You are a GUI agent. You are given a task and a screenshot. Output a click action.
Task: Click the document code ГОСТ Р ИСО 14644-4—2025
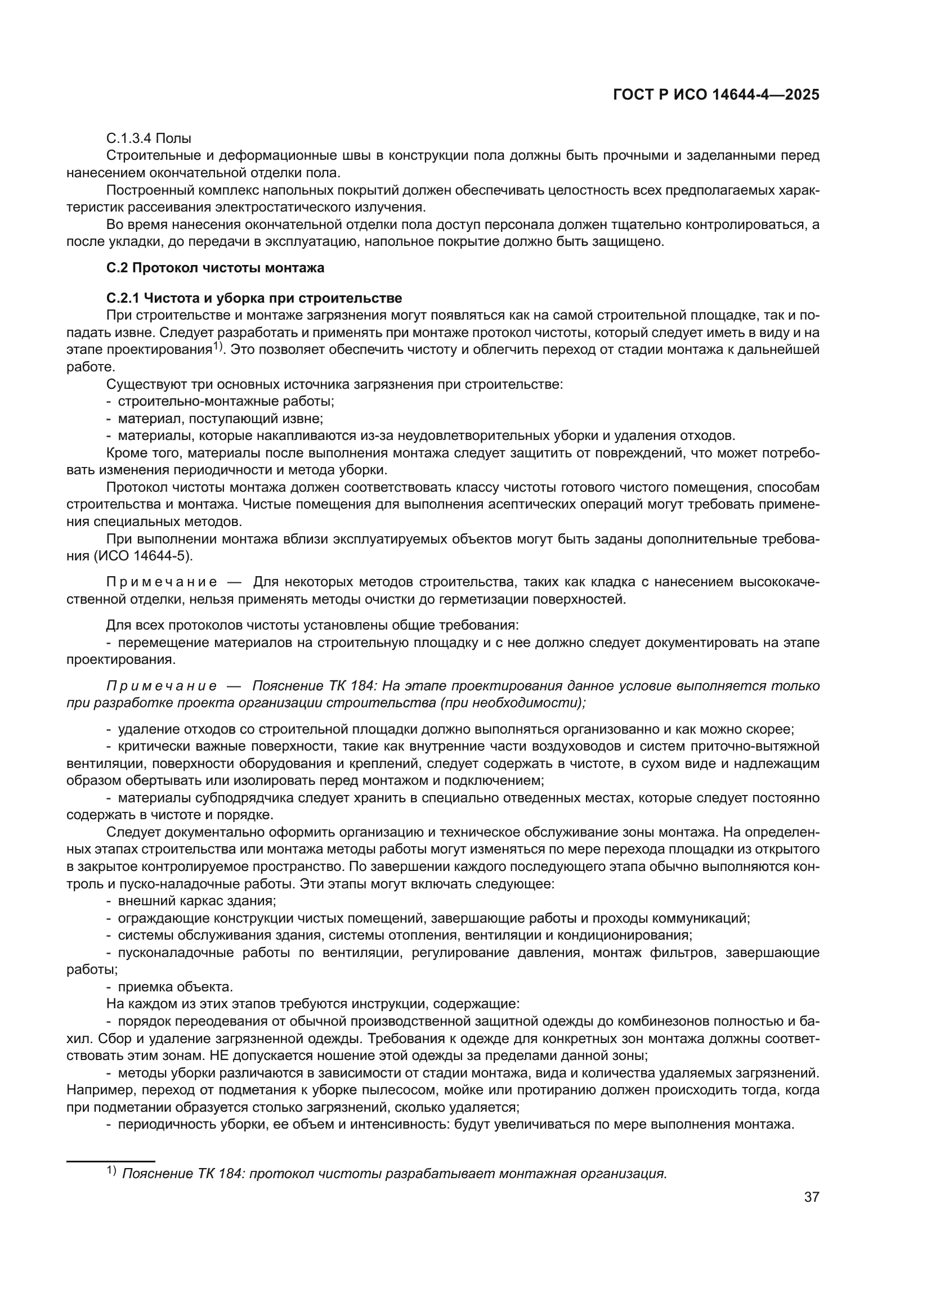coord(715,95)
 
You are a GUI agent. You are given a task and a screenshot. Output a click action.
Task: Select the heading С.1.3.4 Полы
coord(149,139)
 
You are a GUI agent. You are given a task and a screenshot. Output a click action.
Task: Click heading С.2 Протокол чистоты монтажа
coord(216,268)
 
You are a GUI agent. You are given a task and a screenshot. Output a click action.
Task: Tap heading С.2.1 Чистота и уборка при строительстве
coord(254,298)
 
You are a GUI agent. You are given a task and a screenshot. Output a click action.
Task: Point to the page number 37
coord(812,1197)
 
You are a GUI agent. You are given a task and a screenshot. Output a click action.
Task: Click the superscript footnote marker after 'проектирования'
coord(218,345)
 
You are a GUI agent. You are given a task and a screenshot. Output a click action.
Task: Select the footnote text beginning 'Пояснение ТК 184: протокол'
coord(395,1173)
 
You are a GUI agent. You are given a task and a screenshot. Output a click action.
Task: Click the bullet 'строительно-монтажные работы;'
coord(226,401)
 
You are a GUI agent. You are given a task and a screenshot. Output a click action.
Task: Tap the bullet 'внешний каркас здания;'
coord(196,900)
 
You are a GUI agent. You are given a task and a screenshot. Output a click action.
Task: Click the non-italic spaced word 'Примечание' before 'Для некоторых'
coord(162,582)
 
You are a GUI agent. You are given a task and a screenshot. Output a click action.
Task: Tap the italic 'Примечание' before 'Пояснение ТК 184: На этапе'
coord(162,686)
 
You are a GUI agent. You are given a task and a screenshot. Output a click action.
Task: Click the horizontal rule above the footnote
coord(111,1161)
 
